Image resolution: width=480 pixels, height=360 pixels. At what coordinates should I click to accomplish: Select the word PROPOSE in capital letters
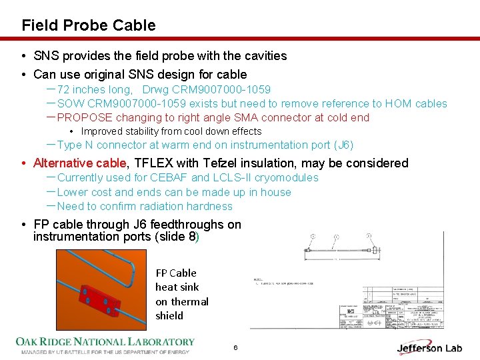point(84,118)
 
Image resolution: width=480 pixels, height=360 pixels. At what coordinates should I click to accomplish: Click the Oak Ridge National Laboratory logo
point(105,345)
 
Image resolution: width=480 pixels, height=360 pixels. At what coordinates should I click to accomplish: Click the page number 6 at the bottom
point(235,348)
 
